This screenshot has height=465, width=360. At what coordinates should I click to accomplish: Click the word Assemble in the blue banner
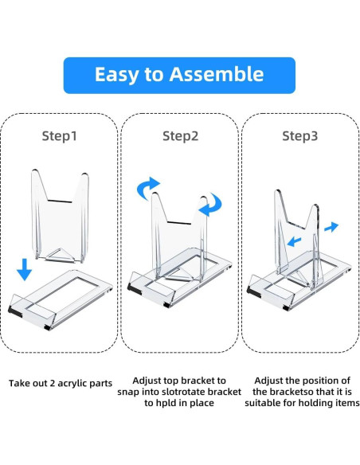pyautogui.click(x=216, y=74)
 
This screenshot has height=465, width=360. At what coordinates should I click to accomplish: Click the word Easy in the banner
pyautogui.click(x=116, y=75)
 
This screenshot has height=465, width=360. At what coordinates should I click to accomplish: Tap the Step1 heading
pyautogui.click(x=60, y=136)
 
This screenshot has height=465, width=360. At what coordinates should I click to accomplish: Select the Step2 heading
pyautogui.click(x=180, y=136)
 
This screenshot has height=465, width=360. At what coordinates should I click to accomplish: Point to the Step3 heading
pyautogui.click(x=299, y=136)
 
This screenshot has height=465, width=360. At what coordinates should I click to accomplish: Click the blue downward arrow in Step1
pyautogui.click(x=25, y=269)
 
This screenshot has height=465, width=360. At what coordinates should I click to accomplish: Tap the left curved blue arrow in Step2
pyautogui.click(x=147, y=188)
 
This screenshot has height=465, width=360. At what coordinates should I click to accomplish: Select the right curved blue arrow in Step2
pyautogui.click(x=210, y=205)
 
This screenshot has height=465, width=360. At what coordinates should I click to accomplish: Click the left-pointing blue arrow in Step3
pyautogui.click(x=294, y=241)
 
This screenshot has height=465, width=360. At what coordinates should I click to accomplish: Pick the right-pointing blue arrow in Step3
pyautogui.click(x=331, y=227)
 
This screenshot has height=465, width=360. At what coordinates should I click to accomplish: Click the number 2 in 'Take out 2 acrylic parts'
pyautogui.click(x=53, y=383)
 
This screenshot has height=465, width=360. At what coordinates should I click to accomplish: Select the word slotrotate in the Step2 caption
pyautogui.click(x=186, y=392)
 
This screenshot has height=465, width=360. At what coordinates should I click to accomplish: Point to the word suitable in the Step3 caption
pyautogui.click(x=264, y=403)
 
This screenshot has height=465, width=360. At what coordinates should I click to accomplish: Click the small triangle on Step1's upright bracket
pyautogui.click(x=60, y=256)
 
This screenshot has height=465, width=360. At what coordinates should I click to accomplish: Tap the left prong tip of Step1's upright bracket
pyautogui.click(x=35, y=171)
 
